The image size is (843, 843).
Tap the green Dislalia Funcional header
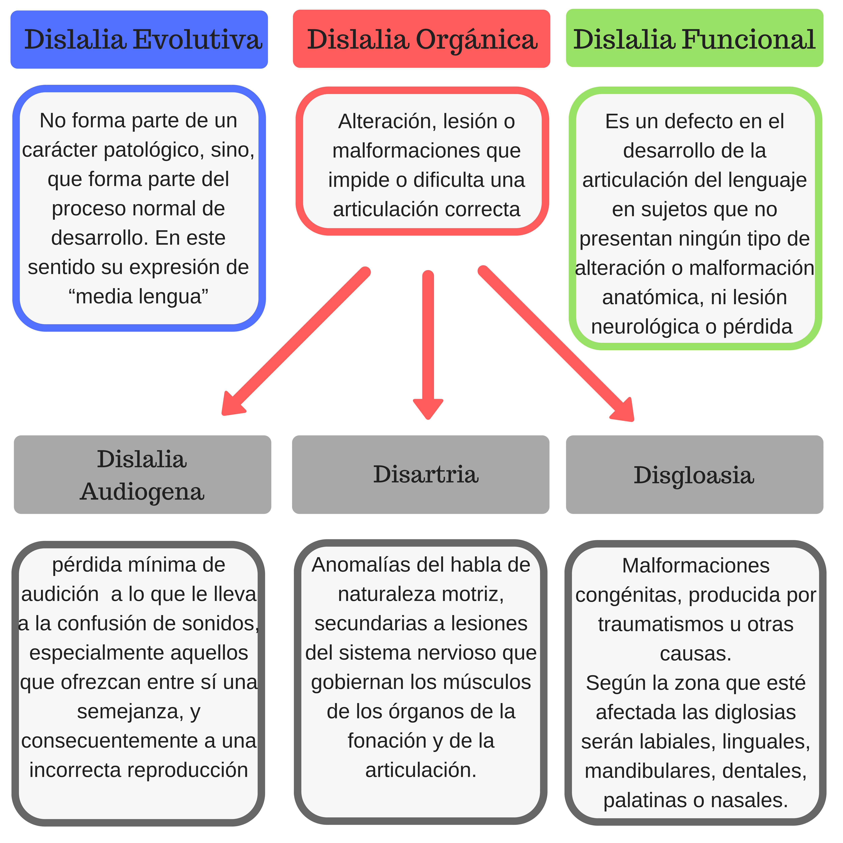point(694,38)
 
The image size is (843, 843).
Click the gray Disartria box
point(420,474)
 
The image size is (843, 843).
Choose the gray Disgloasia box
point(694,474)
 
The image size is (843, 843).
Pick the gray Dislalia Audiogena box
point(142,474)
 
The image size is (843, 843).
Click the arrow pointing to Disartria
point(428,345)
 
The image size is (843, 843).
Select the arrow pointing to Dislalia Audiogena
point(297,340)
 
